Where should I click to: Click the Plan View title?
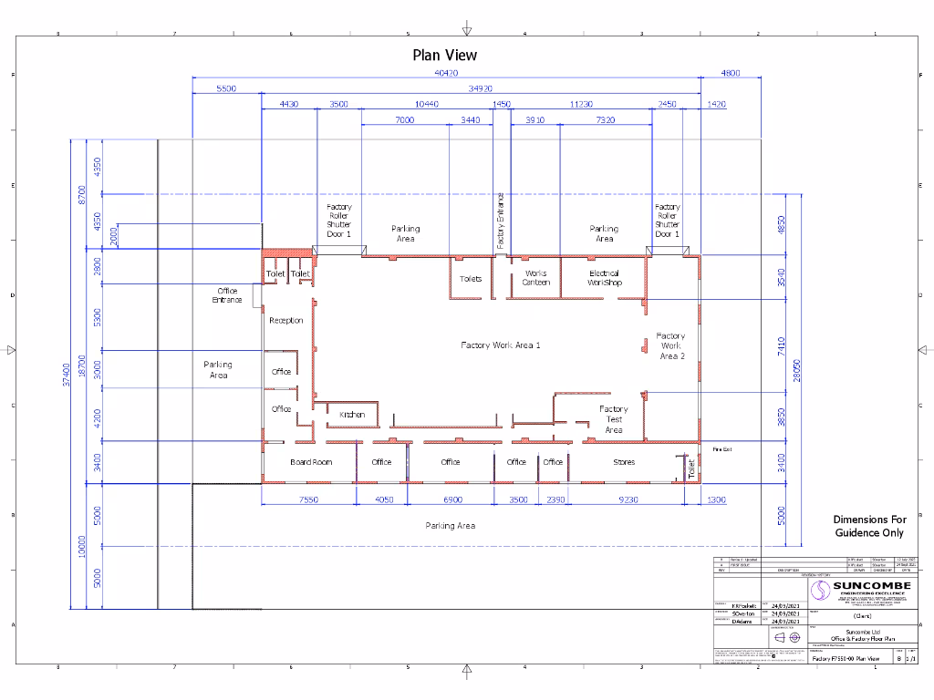click(x=444, y=55)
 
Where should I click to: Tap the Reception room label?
click(x=285, y=321)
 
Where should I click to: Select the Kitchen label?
click(x=352, y=415)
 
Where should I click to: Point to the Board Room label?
click(x=311, y=462)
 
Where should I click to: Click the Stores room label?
click(x=624, y=462)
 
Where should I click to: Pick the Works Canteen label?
click(x=536, y=278)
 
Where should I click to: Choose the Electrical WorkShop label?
click(x=604, y=278)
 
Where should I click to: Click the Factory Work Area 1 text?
click(x=501, y=345)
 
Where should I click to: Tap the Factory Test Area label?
click(x=614, y=419)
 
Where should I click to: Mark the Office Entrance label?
click(x=227, y=295)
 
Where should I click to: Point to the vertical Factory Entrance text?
click(x=501, y=221)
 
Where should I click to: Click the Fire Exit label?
click(x=722, y=449)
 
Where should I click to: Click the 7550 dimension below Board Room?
click(x=308, y=499)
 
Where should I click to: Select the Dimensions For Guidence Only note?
click(x=869, y=526)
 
